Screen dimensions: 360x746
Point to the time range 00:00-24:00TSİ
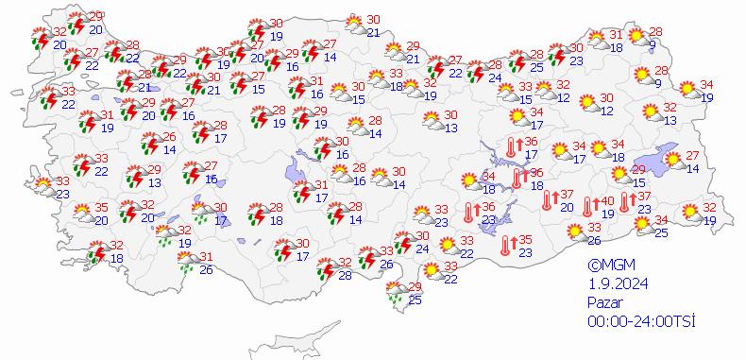pos(641,321)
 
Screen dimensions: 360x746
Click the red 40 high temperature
pos(608,200)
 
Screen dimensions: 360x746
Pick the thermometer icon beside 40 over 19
pos(588,207)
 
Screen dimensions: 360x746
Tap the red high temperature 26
pos(169,136)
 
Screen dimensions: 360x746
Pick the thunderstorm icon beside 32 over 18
pos(95,252)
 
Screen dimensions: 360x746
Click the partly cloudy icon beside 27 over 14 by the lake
pos(674,162)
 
